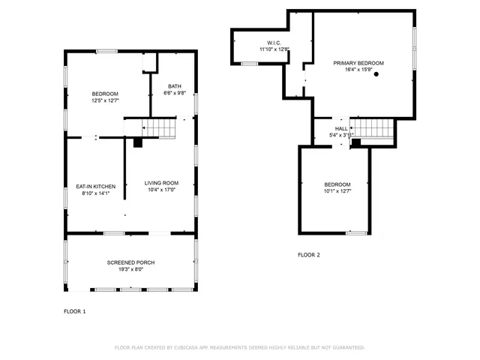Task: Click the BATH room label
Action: pos(174,86)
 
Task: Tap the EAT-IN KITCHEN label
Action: pos(95,186)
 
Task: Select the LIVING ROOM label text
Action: pos(161,183)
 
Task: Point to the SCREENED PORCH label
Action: pos(130,262)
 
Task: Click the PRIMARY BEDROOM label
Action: pos(358,63)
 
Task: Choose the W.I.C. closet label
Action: pos(274,43)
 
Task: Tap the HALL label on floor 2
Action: pos(341,129)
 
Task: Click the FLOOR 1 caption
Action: pos(74,311)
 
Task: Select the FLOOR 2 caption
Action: pos(308,255)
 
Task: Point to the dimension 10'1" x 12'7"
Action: pos(337,191)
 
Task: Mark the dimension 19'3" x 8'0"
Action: pos(130,269)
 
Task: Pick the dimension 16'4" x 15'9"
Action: pos(358,70)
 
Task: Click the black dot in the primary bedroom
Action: pos(376,74)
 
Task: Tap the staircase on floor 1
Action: pos(159,129)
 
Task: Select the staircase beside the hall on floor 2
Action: pos(373,130)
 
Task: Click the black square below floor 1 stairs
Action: pos(137,142)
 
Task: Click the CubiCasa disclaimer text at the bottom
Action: pos(239,347)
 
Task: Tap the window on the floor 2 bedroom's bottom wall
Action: pos(356,232)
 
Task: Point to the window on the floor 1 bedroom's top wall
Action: pos(106,51)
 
